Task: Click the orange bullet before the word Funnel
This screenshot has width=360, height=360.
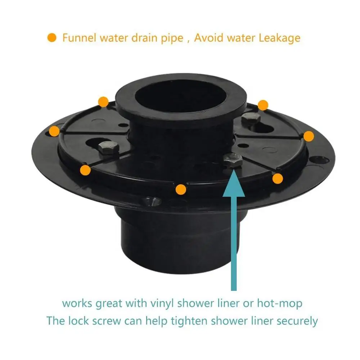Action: (x=52, y=38)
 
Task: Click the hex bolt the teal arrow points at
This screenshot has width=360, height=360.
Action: (x=233, y=159)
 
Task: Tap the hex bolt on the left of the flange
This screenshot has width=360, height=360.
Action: (x=107, y=147)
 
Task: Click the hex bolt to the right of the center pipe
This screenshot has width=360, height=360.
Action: (x=251, y=118)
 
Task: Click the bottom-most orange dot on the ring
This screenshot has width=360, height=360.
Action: (x=181, y=189)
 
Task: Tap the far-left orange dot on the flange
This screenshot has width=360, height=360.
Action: (x=54, y=131)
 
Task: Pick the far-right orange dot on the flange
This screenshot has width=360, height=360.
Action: (x=309, y=136)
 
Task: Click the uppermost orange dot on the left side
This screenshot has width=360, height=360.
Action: (x=103, y=102)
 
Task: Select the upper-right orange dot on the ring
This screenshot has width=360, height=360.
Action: (x=263, y=105)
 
